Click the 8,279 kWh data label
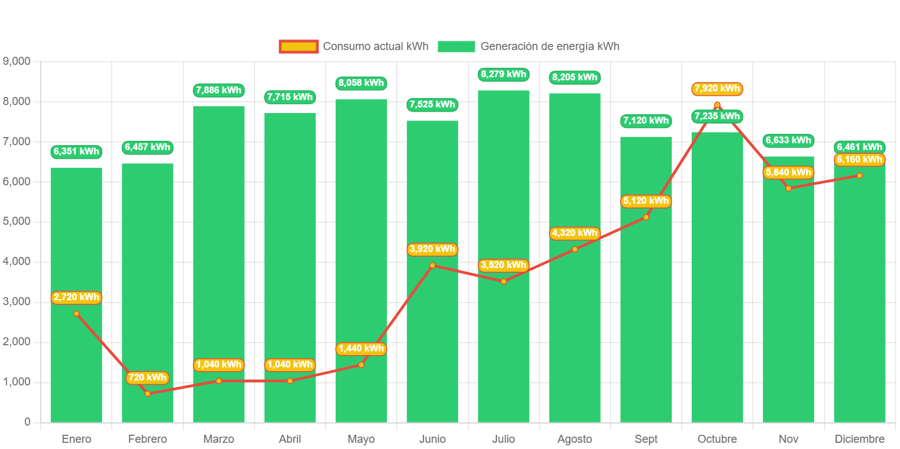point(504,75)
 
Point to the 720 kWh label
point(148,377)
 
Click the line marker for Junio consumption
point(433,266)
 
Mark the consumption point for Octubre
point(717,105)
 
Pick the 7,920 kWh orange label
point(717,89)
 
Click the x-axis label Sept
point(646,439)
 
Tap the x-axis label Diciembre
point(859,439)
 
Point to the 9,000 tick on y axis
point(17,61)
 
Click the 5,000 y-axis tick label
point(17,221)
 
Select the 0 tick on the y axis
point(27,422)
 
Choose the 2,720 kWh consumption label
point(77,298)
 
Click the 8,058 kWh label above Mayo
point(361,83)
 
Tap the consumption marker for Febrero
point(148,393)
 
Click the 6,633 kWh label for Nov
point(788,141)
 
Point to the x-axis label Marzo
point(219,439)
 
